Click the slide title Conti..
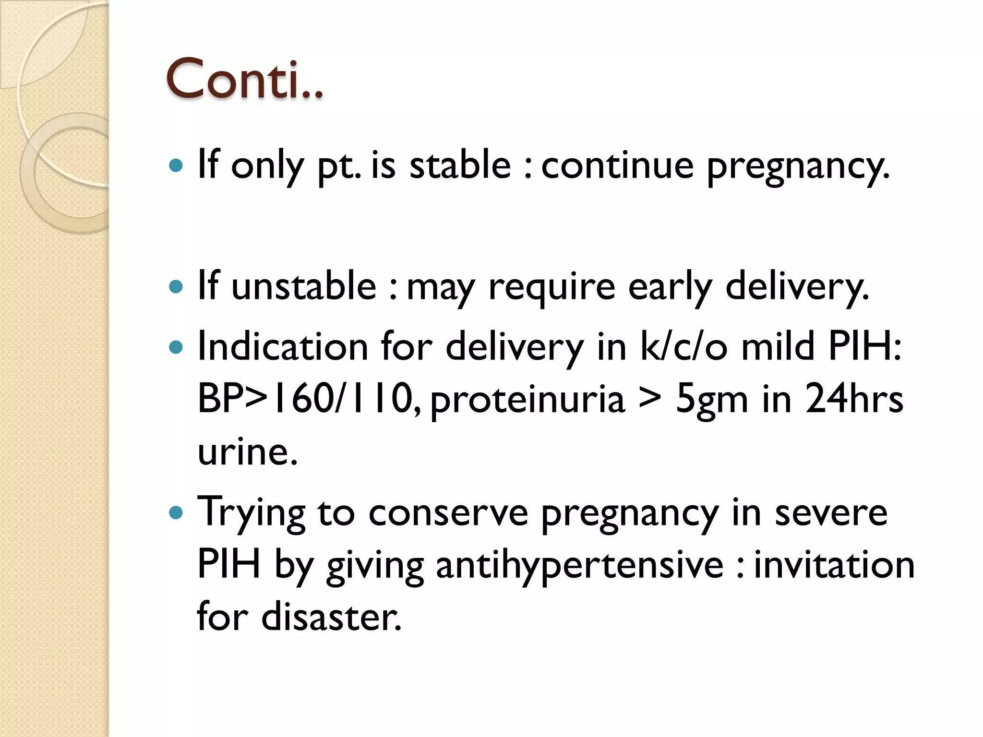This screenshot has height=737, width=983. click(x=244, y=79)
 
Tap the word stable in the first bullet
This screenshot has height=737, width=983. click(x=460, y=165)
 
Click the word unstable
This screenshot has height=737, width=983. click(x=304, y=286)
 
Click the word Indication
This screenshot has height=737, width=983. click(x=283, y=346)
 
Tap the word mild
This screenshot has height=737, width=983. click(x=778, y=346)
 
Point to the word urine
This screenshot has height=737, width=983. click(x=247, y=452)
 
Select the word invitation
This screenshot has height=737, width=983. click(x=834, y=565)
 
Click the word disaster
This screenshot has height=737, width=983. click(x=331, y=617)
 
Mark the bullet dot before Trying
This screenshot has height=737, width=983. click(x=177, y=513)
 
